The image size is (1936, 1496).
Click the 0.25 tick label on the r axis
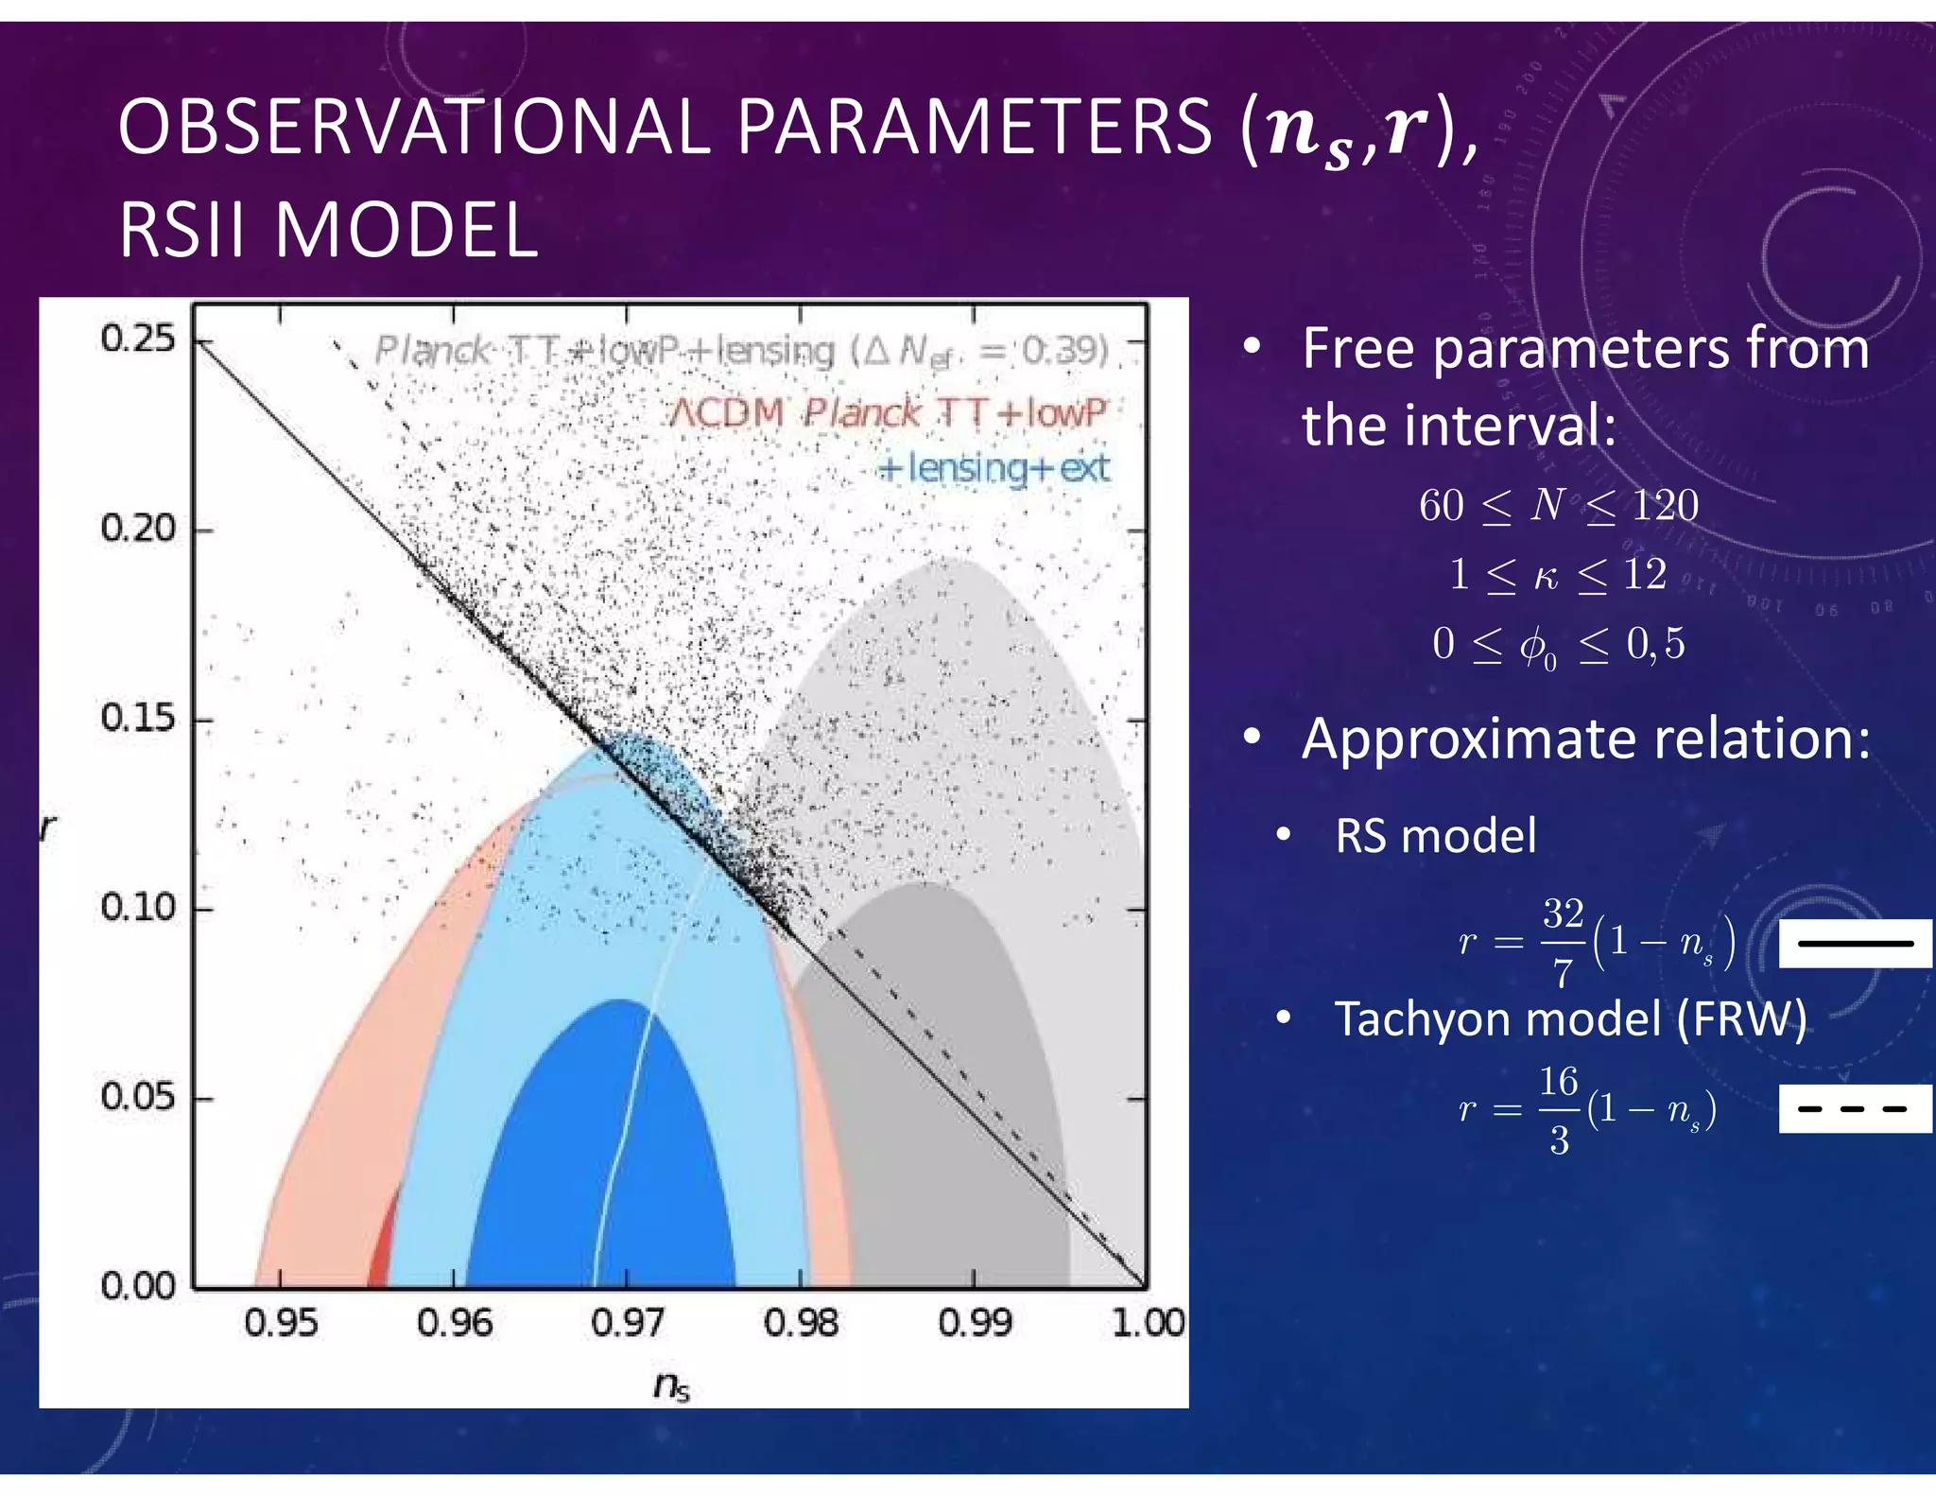(x=138, y=339)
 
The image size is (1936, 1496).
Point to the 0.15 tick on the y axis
(x=138, y=719)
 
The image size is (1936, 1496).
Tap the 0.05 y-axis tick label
(x=138, y=1098)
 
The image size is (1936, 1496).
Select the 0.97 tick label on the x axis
(x=627, y=1323)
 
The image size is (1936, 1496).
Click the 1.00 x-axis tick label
(x=1148, y=1323)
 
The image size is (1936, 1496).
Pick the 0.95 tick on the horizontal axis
(x=281, y=1323)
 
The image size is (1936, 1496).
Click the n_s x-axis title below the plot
(x=671, y=1385)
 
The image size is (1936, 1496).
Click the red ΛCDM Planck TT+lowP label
(x=887, y=413)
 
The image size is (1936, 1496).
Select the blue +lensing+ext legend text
(x=994, y=468)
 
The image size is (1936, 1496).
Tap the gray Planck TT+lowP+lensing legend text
(x=741, y=352)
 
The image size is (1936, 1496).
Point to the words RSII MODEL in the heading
(x=328, y=231)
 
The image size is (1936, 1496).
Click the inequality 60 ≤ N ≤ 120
(x=1558, y=506)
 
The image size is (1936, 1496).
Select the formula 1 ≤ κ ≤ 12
(x=1558, y=575)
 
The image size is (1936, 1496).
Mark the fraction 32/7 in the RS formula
(x=1563, y=941)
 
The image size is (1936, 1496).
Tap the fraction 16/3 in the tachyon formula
(x=1559, y=1109)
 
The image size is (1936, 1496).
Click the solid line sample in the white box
(x=1855, y=943)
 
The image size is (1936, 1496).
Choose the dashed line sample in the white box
(x=1855, y=1109)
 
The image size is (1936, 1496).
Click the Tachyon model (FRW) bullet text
(x=1569, y=1019)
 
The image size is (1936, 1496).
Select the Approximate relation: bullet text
(x=1585, y=739)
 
